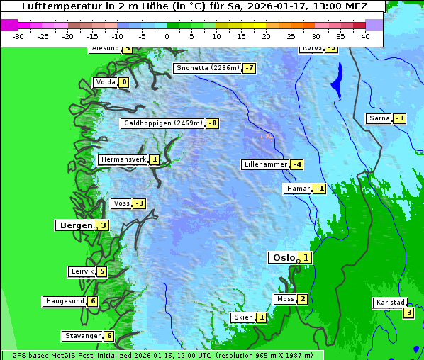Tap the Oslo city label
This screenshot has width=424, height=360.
pos(284,258)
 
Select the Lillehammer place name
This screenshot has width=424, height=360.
pos(265,164)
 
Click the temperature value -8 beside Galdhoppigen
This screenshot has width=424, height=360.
pos(212,123)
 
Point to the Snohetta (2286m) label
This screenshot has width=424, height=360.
pos(207,68)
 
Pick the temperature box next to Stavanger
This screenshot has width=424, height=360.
pos(109,336)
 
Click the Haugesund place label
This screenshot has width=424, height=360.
pos(65,301)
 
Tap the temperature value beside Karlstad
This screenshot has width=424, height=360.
pos(408,313)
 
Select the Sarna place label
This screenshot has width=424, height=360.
pos(379,118)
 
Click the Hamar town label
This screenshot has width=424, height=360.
pos(297,189)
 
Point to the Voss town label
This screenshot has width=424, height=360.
pos(121,203)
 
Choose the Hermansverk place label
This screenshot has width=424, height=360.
pos(123,159)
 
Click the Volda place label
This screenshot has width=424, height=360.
pos(105,82)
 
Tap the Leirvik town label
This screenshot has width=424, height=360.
pos(82,271)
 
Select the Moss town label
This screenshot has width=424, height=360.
pos(285,299)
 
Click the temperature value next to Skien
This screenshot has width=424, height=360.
pos(261,317)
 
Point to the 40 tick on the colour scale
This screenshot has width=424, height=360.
pos(365,36)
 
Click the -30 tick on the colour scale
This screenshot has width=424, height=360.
pos(18,36)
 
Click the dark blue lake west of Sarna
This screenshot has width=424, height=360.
pos(336,79)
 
